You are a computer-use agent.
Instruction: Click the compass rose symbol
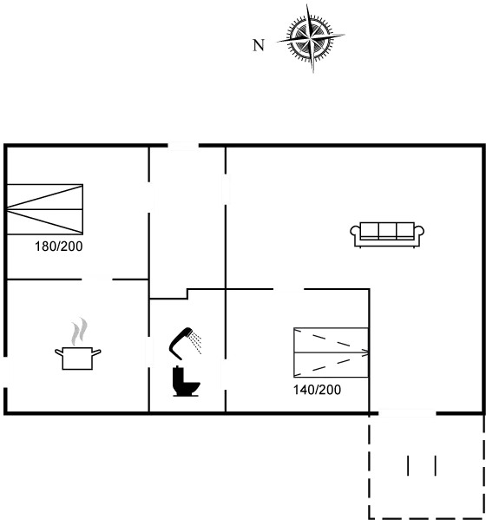(311, 39)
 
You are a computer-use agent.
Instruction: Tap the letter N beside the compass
(259, 45)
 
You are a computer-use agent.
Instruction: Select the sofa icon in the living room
(387, 234)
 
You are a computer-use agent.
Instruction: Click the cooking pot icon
(78, 358)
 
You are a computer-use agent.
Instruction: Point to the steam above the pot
(80, 332)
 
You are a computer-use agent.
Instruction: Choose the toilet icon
(186, 381)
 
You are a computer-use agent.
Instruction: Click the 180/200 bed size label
(59, 247)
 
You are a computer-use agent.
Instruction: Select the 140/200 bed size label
(317, 390)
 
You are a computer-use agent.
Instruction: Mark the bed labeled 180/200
(45, 209)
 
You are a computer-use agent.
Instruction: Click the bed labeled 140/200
(332, 352)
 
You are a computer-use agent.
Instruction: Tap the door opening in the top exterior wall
(183, 146)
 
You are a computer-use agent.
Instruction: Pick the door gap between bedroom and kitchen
(97, 280)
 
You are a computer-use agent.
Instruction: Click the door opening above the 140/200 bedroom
(288, 289)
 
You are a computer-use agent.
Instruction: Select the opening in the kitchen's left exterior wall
(5, 372)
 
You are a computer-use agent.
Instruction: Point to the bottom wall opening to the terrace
(407, 413)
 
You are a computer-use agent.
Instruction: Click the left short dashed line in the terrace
(408, 465)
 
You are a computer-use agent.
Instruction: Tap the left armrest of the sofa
(355, 231)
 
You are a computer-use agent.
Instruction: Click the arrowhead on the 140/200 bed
(365, 352)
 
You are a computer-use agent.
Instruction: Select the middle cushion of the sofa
(387, 230)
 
